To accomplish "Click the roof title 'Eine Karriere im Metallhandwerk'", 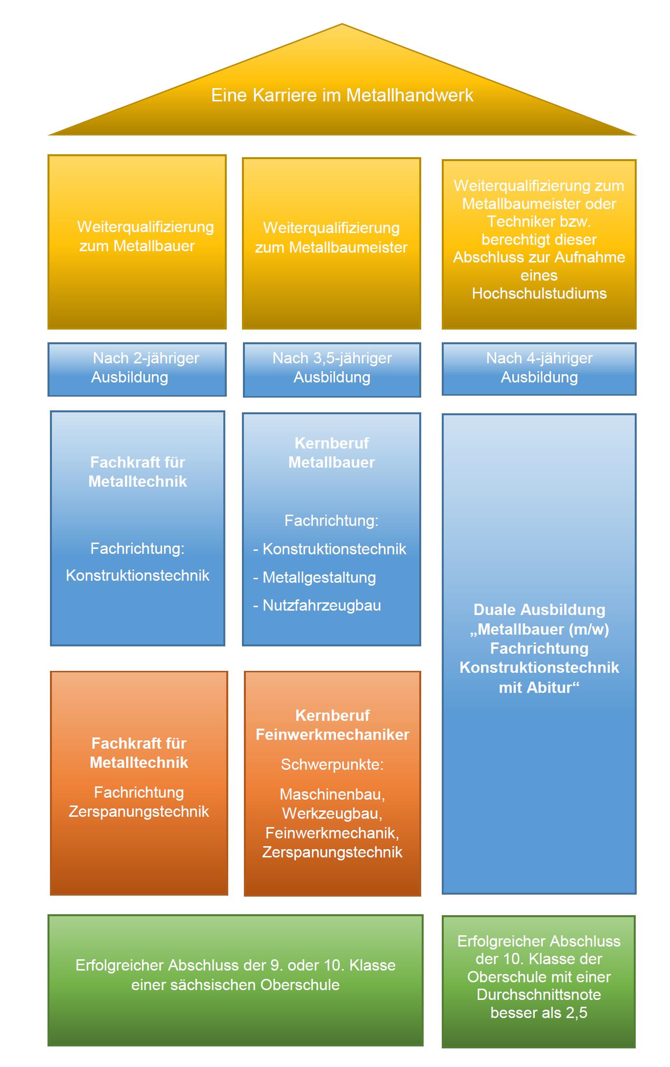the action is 342,95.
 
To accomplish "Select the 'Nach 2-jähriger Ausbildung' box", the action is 137,369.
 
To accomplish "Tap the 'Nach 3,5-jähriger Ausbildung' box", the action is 332,370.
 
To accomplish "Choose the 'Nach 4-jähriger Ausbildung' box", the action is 539,369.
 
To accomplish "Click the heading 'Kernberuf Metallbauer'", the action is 332,452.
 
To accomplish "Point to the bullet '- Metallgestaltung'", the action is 314,577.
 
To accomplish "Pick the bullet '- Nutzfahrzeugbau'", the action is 317,605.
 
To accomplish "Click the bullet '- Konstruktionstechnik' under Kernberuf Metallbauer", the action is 330,549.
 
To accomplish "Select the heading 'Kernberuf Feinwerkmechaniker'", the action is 333,725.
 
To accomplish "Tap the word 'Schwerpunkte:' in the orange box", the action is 333,764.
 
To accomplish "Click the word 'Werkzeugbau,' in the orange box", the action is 333,813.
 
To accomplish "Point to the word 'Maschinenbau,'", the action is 333,794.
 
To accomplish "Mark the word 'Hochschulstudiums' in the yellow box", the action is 539,293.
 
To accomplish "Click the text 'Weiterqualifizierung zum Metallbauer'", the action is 145,236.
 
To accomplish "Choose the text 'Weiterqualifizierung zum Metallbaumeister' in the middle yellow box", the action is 332,237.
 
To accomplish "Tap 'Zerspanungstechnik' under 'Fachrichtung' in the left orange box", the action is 139,811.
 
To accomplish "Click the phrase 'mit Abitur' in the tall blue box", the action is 539,688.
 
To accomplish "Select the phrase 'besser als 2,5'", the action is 539,1012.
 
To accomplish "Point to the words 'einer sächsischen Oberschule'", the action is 236,984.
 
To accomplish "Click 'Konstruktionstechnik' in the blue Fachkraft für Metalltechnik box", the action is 138,575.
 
